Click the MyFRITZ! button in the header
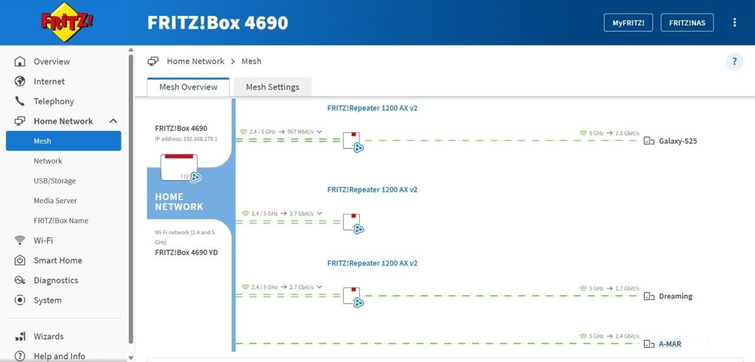(628, 22)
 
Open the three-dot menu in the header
(735, 22)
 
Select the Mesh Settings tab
(273, 87)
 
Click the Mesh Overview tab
(188, 87)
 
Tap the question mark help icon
(734, 61)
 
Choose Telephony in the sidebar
(54, 101)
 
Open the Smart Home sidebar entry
(58, 260)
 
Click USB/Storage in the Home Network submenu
(55, 180)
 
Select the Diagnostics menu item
(55, 280)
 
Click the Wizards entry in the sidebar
(48, 336)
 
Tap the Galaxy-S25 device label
(678, 141)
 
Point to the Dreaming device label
(675, 296)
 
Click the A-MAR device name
(669, 344)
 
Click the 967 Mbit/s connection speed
(300, 132)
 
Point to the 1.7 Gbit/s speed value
(627, 288)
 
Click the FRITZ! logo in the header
(67, 22)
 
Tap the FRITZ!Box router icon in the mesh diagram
(180, 168)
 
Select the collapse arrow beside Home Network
(113, 121)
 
